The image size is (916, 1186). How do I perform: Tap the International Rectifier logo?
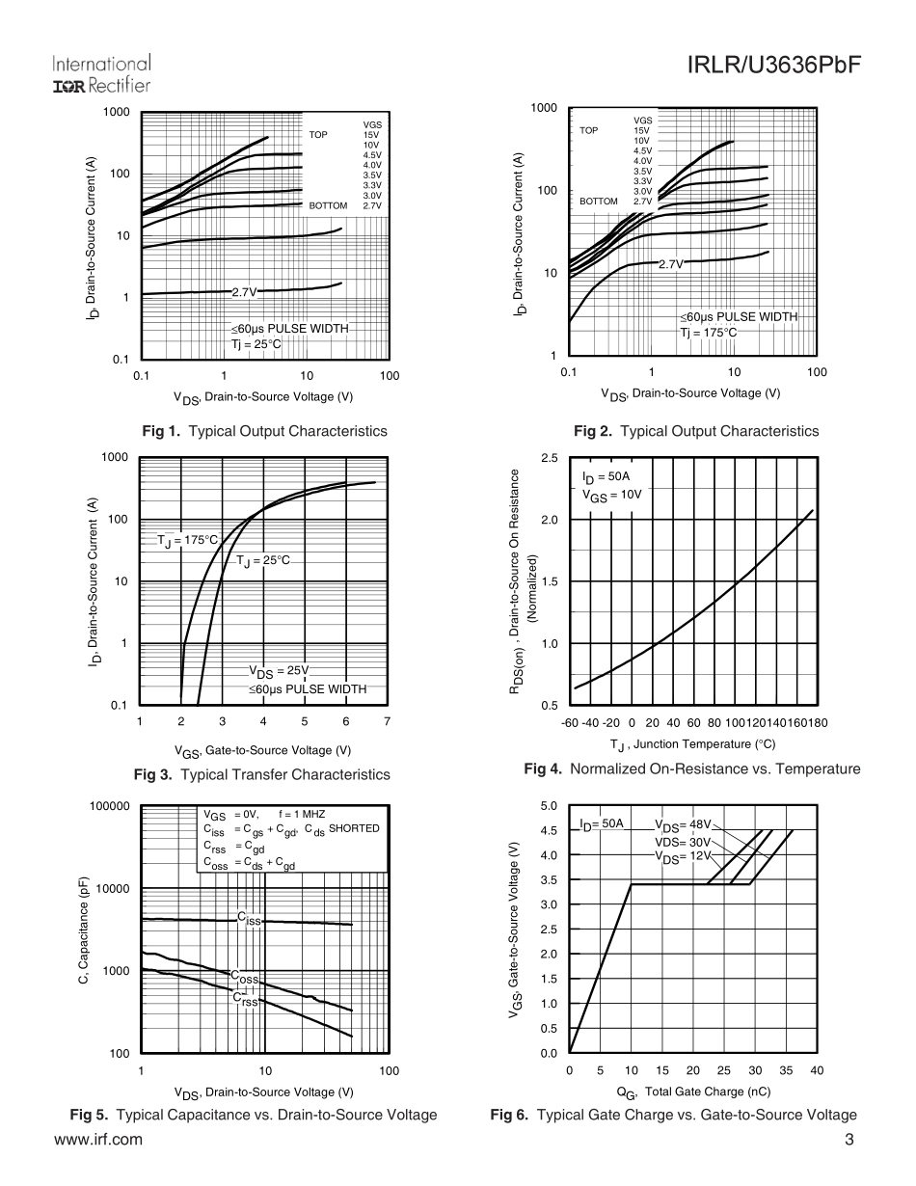pyautogui.click(x=101, y=74)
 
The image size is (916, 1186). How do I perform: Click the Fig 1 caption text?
pyautogui.click(x=264, y=431)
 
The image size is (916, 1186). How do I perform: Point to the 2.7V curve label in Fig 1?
pyautogui.click(x=244, y=291)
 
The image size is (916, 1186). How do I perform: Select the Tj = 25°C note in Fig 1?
pyautogui.click(x=256, y=343)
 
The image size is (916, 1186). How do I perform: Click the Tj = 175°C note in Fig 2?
pyautogui.click(x=709, y=333)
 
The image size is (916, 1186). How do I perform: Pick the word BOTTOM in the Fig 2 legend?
pyautogui.click(x=599, y=202)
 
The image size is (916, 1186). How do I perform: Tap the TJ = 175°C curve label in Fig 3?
pyautogui.click(x=188, y=540)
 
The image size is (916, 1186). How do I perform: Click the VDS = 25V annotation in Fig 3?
pyautogui.click(x=280, y=671)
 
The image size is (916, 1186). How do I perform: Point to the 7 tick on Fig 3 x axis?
pyautogui.click(x=387, y=721)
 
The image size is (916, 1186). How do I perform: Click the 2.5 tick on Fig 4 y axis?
pyautogui.click(x=549, y=458)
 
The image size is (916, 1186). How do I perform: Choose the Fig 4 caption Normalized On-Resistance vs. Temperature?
pyautogui.click(x=691, y=768)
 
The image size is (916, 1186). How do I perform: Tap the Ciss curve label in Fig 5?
pyautogui.click(x=250, y=919)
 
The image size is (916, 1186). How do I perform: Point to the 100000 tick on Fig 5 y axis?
pyautogui.click(x=109, y=805)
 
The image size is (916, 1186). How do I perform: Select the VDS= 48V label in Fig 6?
pyautogui.click(x=683, y=825)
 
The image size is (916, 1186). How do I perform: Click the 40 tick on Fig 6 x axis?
pyautogui.click(x=817, y=1070)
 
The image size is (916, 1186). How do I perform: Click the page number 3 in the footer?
pyautogui.click(x=849, y=1140)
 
